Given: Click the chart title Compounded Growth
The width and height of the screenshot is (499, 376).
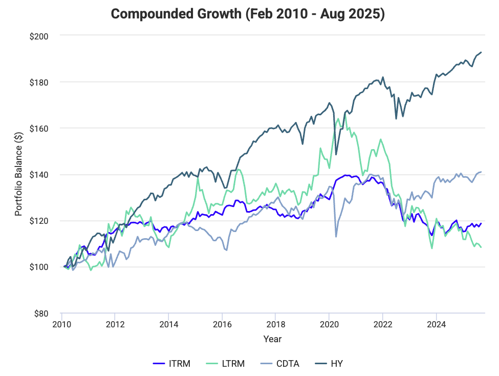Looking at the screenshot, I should click(248, 14).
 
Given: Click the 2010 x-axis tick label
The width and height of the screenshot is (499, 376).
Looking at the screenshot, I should click(61, 324).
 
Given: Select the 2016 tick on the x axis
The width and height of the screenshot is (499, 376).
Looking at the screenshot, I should click(222, 324).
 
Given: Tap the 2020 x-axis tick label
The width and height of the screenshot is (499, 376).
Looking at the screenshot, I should click(329, 324).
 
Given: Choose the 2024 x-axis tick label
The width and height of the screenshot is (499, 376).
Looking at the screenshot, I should click(436, 324).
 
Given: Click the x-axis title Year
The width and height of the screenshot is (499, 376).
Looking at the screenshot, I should click(272, 339).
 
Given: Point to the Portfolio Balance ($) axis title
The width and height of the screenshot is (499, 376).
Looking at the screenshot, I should click(19, 174).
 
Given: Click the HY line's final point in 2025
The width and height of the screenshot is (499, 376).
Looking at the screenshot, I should click(481, 52).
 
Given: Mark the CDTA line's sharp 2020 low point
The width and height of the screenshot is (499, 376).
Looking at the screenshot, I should click(336, 236).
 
